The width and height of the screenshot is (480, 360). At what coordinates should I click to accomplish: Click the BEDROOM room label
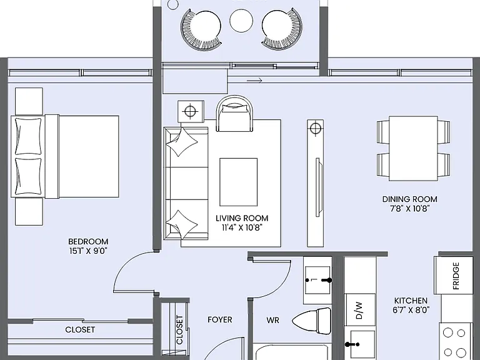point(88,241)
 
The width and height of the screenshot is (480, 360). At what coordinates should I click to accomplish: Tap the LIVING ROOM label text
point(242,218)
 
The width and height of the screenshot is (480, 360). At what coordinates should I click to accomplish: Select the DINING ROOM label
point(409,199)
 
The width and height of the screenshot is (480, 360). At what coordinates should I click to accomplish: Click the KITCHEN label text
point(411,301)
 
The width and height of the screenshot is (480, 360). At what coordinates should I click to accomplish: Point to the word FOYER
point(220,320)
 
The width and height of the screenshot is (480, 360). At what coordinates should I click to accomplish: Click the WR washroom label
point(272,320)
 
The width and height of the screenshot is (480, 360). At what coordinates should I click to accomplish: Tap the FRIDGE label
point(456,276)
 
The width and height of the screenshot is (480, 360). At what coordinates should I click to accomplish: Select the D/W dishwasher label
point(359,311)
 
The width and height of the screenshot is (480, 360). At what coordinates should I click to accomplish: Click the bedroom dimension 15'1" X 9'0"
point(88,251)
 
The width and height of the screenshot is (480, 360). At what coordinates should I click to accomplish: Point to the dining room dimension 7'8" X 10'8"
point(409,209)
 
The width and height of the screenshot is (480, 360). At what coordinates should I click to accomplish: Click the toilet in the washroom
point(312,321)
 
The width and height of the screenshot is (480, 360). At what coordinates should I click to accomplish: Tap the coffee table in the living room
point(239,182)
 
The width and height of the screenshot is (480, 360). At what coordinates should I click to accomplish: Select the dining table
point(413,149)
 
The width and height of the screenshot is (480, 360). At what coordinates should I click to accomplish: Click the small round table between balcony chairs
point(241,21)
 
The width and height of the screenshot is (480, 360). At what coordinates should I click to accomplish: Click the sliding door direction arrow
point(254,81)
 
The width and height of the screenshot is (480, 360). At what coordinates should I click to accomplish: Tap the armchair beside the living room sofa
point(235,114)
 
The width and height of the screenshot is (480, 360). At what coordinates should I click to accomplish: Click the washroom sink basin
point(317,280)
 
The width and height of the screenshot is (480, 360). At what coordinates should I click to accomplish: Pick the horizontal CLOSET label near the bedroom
point(80,330)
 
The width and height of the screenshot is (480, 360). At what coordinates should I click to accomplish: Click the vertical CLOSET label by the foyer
point(180,330)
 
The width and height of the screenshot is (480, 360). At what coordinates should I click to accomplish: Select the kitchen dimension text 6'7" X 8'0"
point(411,310)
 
